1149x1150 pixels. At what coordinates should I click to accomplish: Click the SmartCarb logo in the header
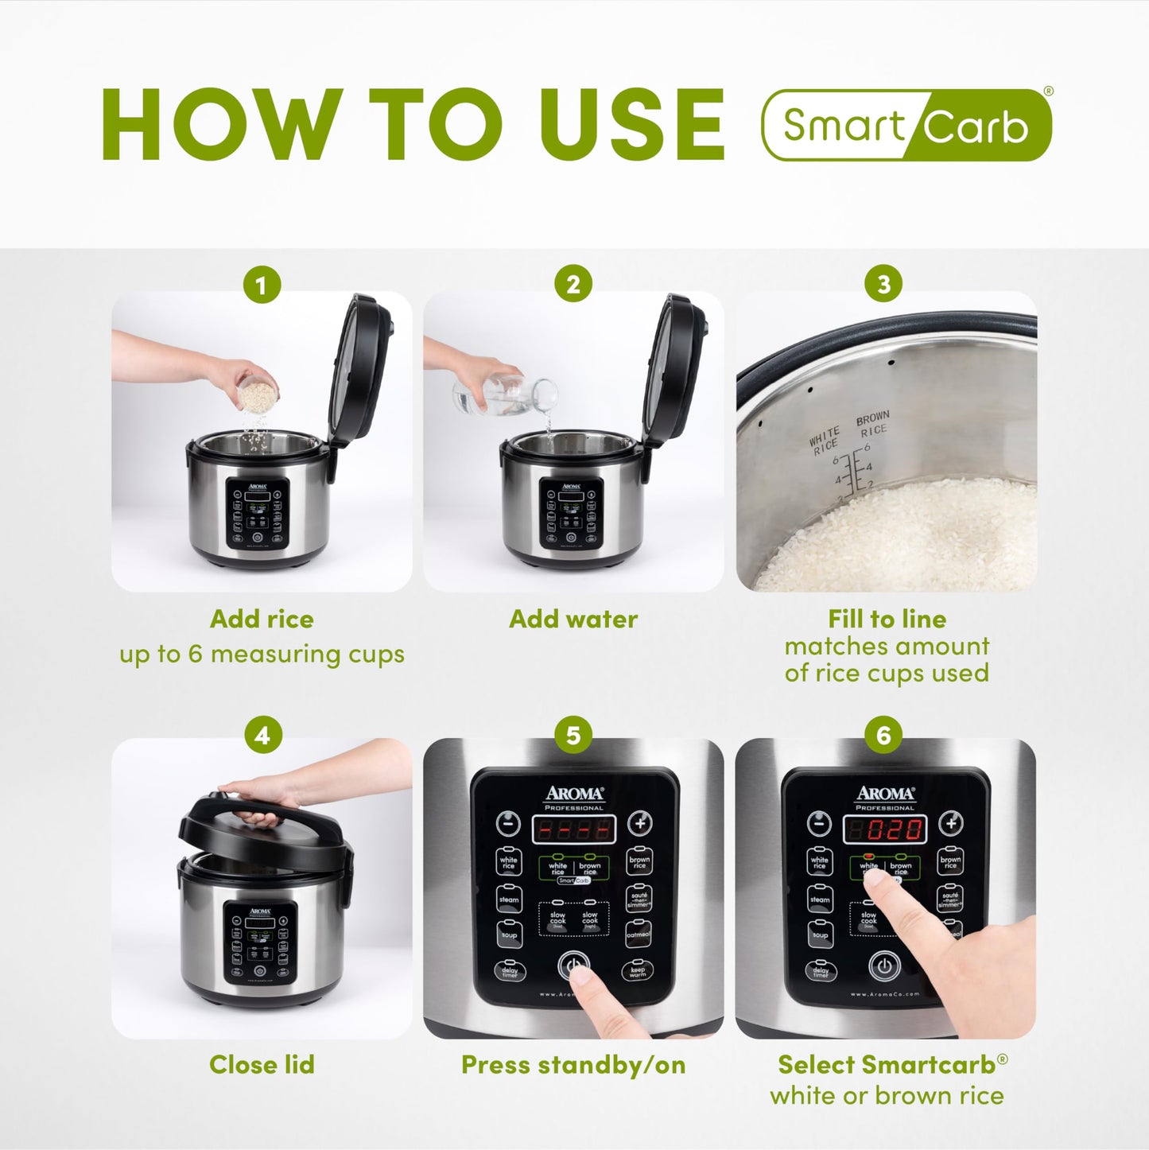pos(906,125)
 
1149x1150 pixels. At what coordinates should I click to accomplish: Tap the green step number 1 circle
pos(262,284)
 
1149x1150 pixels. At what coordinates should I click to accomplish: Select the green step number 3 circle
pos(883,284)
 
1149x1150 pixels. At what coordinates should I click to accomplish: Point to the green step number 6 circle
pos(883,735)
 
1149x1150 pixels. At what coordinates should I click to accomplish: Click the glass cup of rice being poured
pos(256,393)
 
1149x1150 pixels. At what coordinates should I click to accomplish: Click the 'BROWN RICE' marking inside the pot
pos(872,424)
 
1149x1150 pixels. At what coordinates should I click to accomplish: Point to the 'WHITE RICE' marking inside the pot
pos(825,441)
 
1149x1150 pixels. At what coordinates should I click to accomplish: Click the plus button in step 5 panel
pos(639,824)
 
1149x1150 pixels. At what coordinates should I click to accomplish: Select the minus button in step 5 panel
pos(508,824)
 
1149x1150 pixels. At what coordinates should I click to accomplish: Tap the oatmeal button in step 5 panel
pos(639,934)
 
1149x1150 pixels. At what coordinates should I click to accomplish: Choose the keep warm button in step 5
pos(638,970)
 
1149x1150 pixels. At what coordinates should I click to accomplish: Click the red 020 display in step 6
pos(884,830)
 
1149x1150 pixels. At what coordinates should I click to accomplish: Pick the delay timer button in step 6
pos(820,970)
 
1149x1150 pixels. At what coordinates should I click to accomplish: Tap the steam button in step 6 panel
pos(820,899)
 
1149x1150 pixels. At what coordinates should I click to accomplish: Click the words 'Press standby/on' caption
pos(573,1065)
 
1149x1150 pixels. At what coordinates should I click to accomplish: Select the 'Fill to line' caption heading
pos(887,619)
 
